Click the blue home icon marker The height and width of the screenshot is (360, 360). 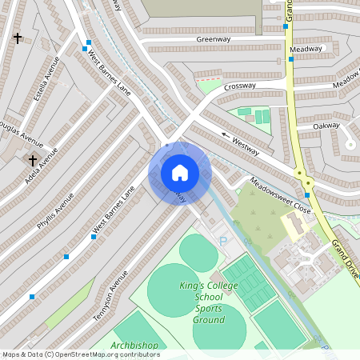click(x=179, y=173)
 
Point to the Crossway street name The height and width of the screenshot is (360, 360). click(x=239, y=86)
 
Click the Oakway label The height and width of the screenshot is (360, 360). click(x=326, y=126)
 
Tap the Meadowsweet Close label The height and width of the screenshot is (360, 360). click(x=279, y=194)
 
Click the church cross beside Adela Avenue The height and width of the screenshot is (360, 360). click(x=33, y=160)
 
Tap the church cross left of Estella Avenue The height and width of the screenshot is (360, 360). click(x=18, y=38)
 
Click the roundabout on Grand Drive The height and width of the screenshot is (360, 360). click(x=300, y=174)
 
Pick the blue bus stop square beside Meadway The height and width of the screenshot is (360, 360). click(x=291, y=58)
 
